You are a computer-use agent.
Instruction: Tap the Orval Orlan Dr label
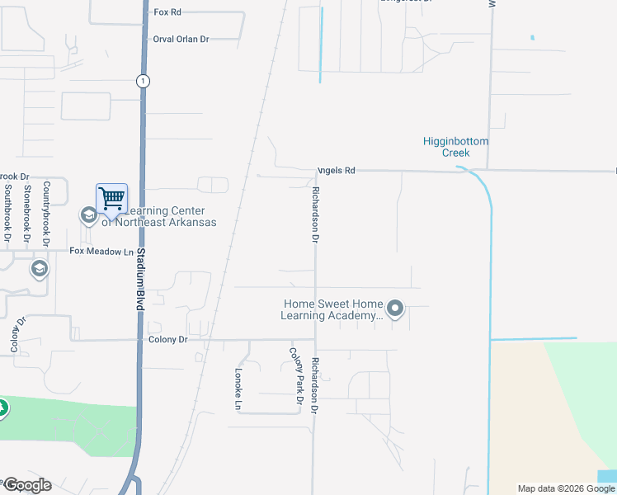point(181,39)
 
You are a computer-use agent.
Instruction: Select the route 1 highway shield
point(144,80)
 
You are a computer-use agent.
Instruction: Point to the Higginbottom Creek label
point(455,147)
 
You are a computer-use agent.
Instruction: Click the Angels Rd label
point(337,171)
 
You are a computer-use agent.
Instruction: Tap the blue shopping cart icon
point(111,198)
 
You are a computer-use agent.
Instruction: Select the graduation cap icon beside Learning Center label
point(88,216)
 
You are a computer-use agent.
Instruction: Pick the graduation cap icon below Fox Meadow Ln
point(39,269)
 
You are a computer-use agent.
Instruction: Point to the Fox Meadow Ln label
point(101,251)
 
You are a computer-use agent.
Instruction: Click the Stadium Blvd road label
point(141,277)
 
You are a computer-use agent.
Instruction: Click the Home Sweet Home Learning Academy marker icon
point(395,309)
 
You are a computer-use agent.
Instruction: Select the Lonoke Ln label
point(236,389)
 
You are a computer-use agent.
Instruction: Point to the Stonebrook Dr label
point(27,214)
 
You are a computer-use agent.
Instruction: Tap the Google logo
point(26,485)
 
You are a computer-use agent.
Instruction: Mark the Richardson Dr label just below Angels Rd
point(314,214)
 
